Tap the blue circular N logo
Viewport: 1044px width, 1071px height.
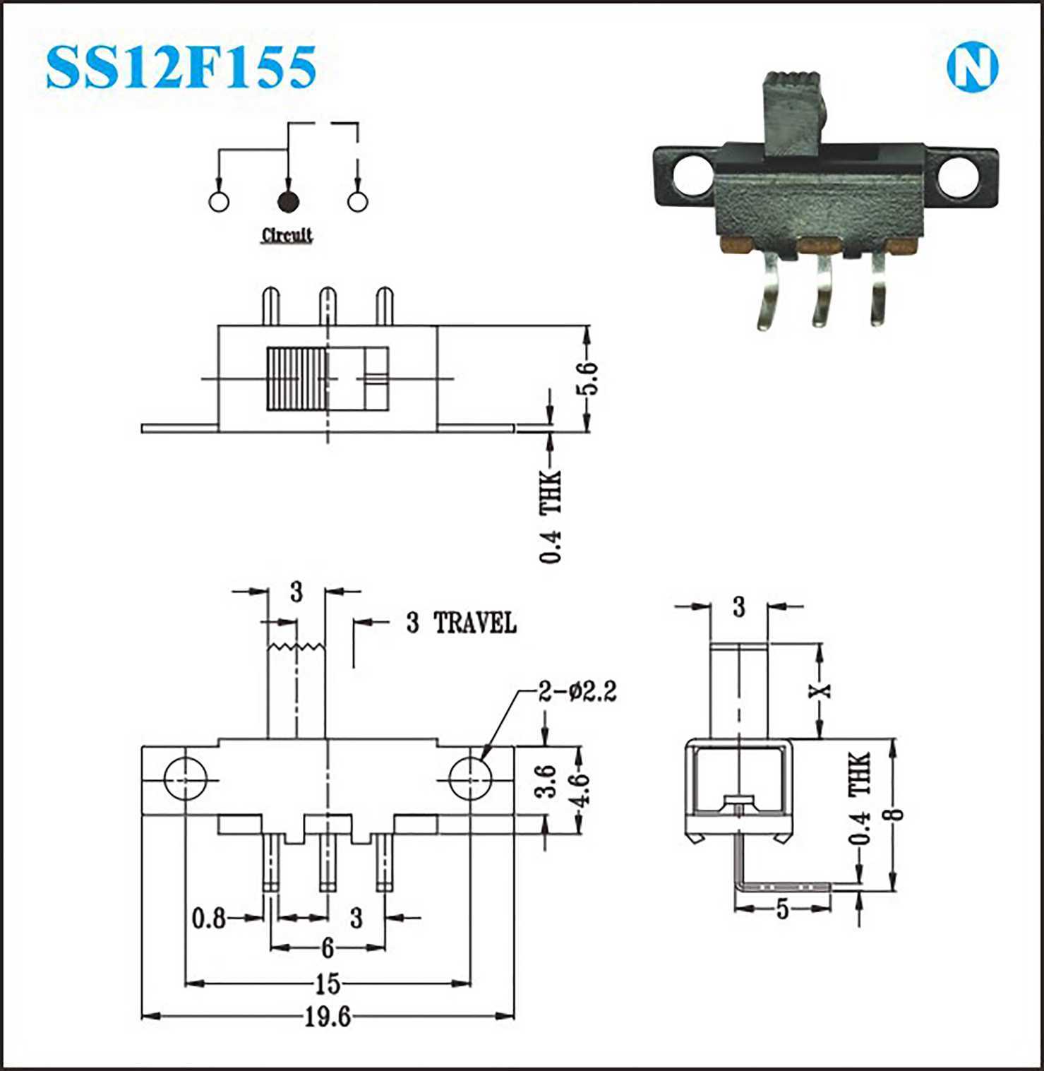972,67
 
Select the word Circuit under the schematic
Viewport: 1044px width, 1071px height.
287,235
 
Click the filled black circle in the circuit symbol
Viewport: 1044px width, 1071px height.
288,202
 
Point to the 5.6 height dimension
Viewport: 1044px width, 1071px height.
588,378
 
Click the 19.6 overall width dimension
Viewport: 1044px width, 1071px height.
328,1017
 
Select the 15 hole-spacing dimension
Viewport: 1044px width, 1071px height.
328,983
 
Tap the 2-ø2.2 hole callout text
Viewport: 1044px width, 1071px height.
577,691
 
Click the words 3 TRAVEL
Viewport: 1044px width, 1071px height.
461,623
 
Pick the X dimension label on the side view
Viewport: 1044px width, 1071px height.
820,690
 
